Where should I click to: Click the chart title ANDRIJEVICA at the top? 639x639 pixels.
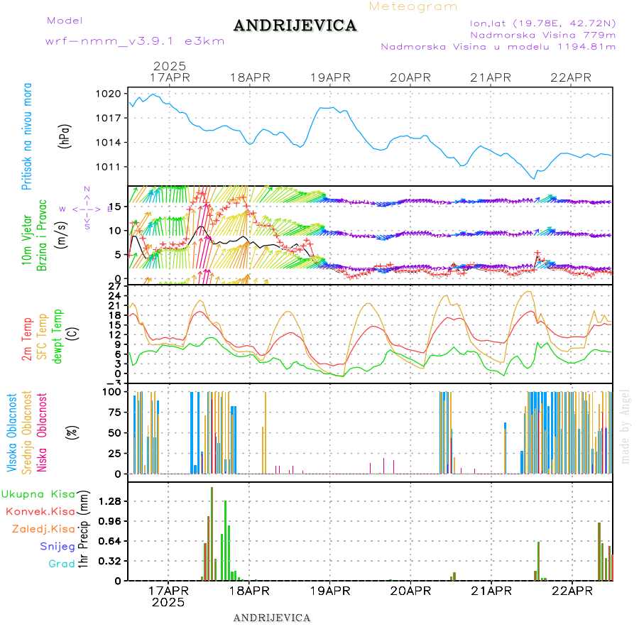[x=295, y=26]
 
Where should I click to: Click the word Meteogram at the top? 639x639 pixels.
[x=414, y=6]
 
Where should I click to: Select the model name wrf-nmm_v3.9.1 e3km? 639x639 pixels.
[x=135, y=41]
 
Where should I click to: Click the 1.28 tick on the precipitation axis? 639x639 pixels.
[x=109, y=501]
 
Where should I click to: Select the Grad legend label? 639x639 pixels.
[x=62, y=564]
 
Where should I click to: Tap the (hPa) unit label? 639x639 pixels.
[x=65, y=136]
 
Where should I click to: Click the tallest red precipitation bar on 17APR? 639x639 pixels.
[x=212, y=532]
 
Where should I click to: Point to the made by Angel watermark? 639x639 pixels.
[x=626, y=426]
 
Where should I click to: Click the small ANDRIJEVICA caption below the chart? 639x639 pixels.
[x=272, y=618]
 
